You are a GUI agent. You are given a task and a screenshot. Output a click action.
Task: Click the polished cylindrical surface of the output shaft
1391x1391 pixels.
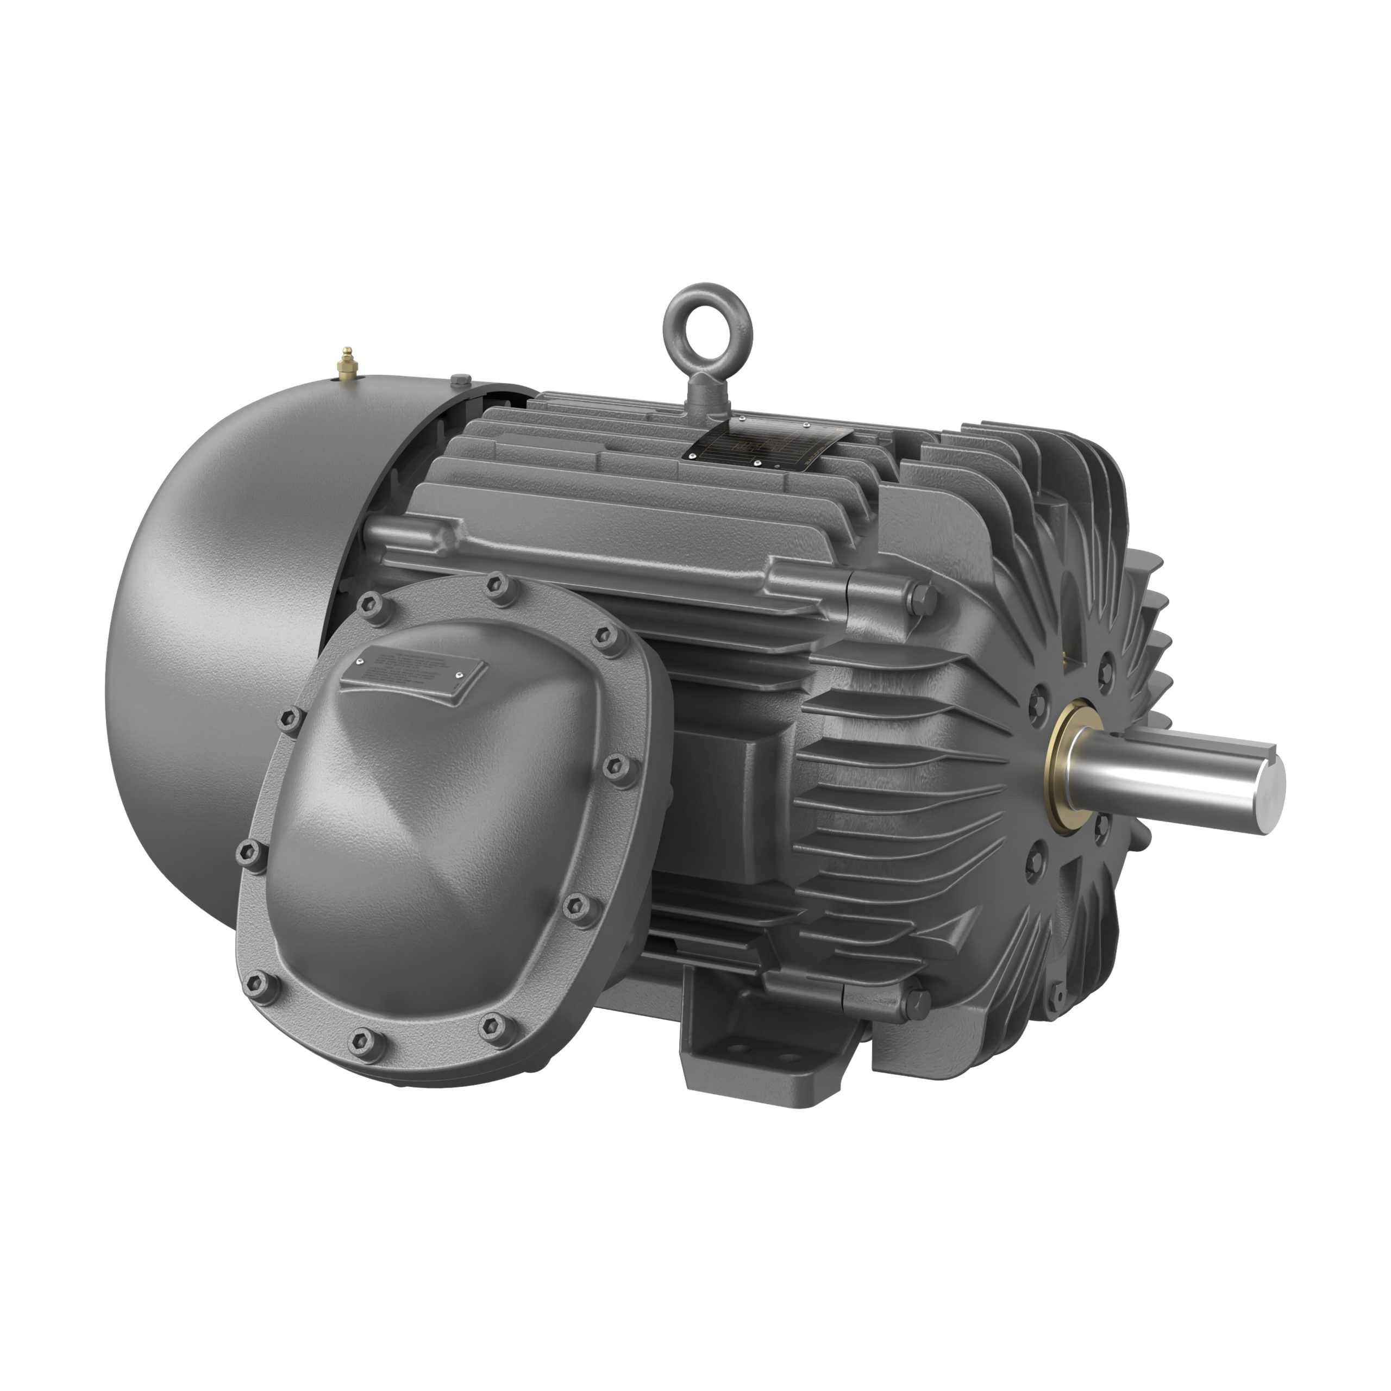click(1167, 781)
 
